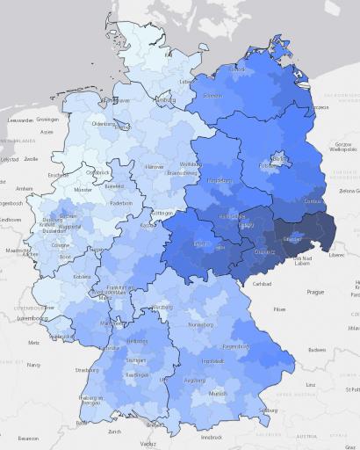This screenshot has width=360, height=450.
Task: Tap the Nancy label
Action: (35, 364)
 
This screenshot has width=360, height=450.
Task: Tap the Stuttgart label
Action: (135, 359)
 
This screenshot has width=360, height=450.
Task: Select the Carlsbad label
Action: (262, 284)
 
